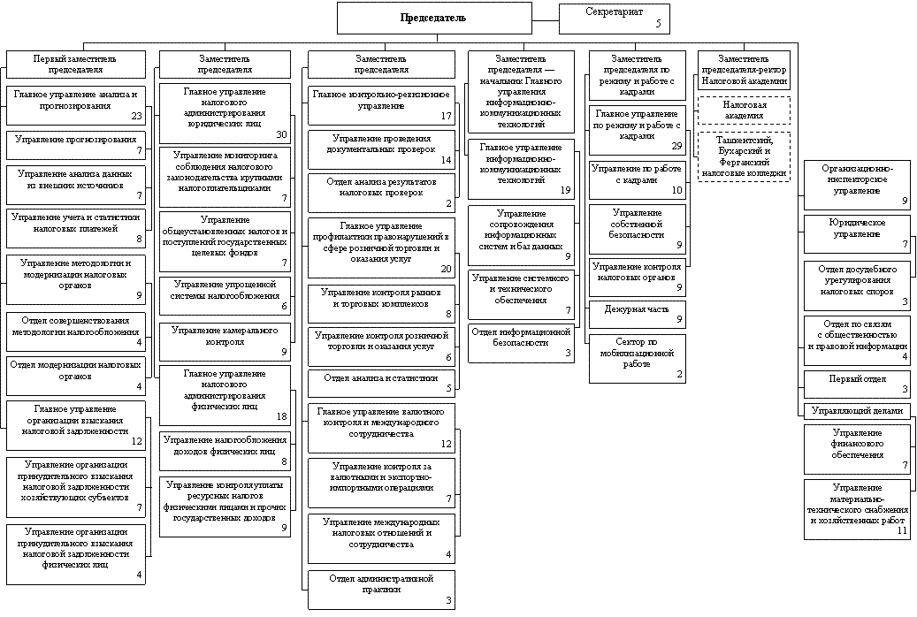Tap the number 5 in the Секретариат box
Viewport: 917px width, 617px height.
[x=658, y=24]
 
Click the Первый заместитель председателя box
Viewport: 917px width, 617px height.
[x=75, y=64]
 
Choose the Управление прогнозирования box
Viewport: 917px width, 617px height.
[x=75, y=145]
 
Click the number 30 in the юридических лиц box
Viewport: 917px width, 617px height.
[x=281, y=134]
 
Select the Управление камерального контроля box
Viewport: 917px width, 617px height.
[x=225, y=340]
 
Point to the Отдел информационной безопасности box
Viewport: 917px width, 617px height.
[x=521, y=342]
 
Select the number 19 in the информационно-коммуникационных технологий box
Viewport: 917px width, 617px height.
[x=565, y=190]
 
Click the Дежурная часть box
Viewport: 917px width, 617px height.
[x=637, y=314]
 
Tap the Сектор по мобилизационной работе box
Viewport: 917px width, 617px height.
[x=637, y=357]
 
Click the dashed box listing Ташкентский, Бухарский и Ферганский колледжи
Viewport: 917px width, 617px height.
[x=744, y=156]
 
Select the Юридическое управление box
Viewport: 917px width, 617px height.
[x=857, y=234]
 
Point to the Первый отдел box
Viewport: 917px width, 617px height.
[x=857, y=384]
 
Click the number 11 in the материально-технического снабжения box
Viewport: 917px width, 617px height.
[x=902, y=531]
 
